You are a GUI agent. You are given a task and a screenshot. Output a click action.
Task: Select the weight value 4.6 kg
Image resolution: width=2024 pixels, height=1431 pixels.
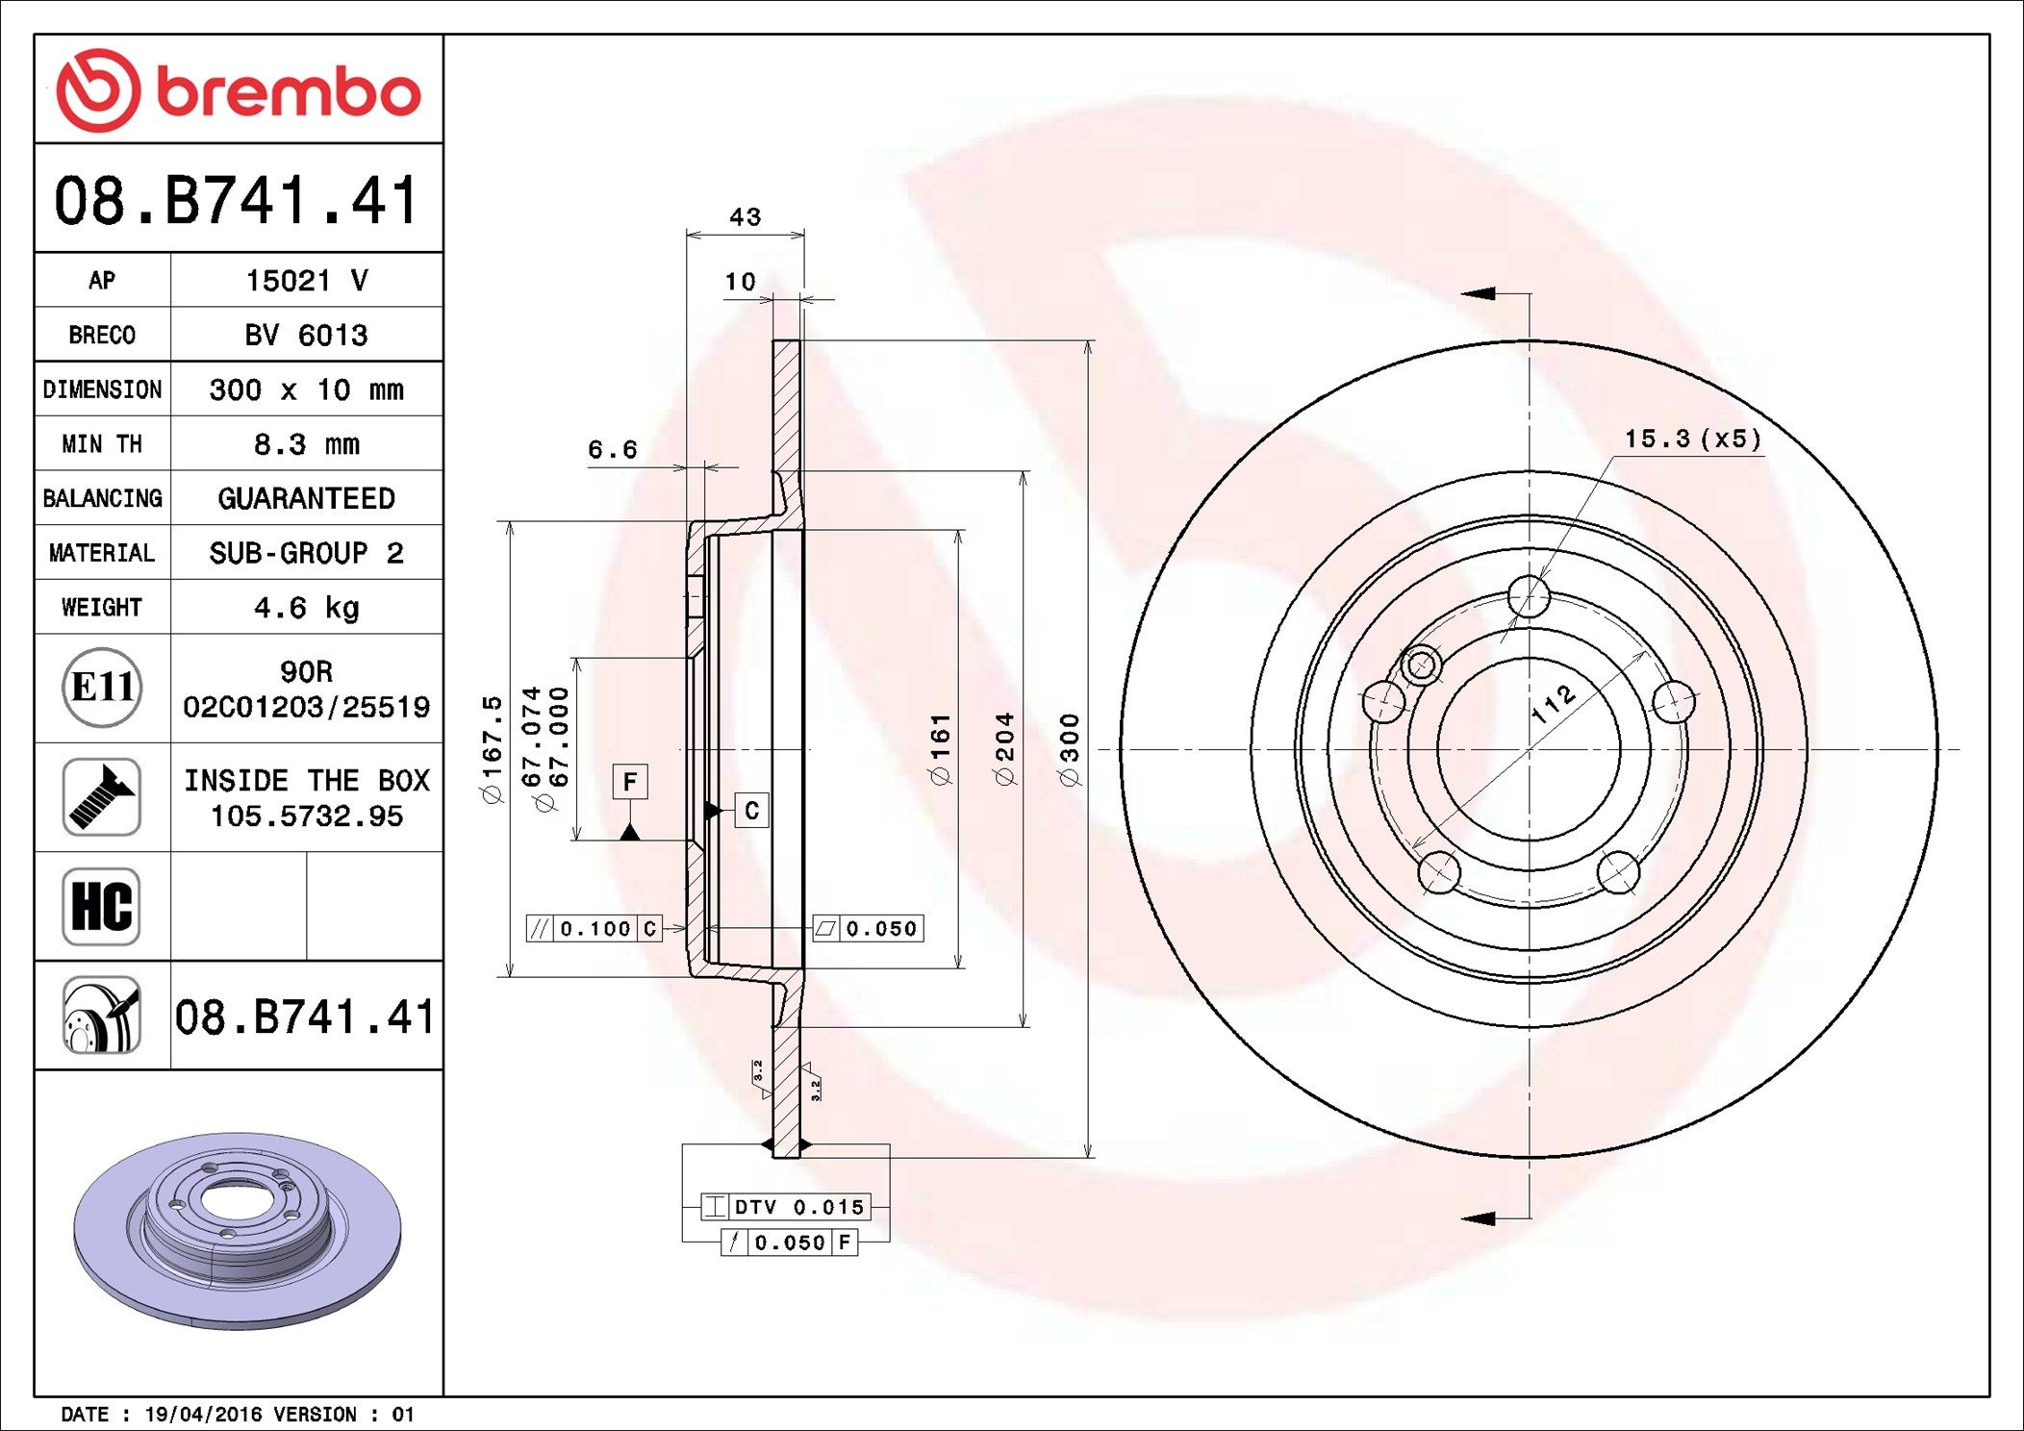click(306, 608)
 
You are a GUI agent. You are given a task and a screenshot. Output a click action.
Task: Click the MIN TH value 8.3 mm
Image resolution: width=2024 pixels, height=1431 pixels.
click(306, 444)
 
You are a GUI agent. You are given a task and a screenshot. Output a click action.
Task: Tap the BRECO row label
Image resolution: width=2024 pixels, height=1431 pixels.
click(102, 335)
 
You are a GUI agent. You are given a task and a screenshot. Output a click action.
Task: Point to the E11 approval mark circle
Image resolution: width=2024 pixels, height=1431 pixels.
click(102, 688)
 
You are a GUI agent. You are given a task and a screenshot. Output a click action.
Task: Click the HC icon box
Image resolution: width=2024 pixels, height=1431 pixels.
click(102, 906)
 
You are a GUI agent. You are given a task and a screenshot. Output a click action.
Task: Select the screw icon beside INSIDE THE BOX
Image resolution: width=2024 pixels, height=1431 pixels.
click(102, 796)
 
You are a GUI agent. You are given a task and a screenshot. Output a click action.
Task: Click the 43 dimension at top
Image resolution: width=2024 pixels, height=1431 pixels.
click(746, 217)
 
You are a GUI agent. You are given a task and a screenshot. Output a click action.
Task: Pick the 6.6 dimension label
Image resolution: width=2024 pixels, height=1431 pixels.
click(613, 449)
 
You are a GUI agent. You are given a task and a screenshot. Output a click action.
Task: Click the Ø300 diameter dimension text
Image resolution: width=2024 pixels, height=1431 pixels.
click(1070, 749)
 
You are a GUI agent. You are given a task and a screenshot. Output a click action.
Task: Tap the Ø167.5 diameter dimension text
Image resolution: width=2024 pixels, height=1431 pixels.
click(492, 749)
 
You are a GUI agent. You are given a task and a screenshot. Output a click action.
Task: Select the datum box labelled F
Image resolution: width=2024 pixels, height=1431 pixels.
click(630, 782)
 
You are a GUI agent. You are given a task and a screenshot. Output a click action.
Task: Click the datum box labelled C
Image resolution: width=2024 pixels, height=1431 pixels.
click(751, 811)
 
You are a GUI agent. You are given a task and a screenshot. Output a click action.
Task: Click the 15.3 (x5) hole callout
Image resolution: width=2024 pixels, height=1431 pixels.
click(1693, 439)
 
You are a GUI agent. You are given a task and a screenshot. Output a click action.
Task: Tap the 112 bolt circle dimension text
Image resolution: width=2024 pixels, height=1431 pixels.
click(1553, 704)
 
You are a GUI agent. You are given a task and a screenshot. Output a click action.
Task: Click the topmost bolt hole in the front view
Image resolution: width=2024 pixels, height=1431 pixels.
click(1529, 595)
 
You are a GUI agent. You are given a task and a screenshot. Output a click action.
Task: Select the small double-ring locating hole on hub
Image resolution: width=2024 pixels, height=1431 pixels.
click(1421, 665)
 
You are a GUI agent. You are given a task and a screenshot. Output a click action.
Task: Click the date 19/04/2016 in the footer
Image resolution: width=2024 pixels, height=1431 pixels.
click(203, 1415)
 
